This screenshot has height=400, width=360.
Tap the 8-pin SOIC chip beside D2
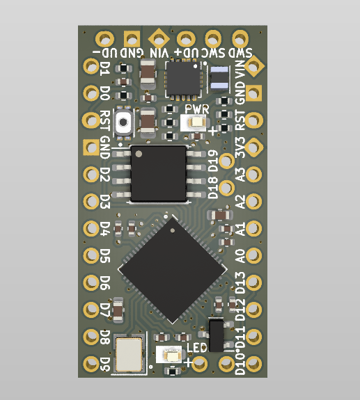(x=159, y=174)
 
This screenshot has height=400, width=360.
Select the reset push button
(x=123, y=122)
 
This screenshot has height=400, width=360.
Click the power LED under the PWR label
(x=196, y=122)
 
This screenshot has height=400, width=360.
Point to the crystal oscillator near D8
(x=129, y=354)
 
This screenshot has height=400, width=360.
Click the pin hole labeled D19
(x=226, y=161)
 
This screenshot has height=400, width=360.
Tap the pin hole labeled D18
(x=226, y=188)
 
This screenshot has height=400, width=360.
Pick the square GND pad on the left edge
(x=91, y=147)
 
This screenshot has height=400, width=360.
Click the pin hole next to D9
(x=91, y=364)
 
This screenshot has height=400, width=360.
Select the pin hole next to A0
(x=253, y=255)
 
